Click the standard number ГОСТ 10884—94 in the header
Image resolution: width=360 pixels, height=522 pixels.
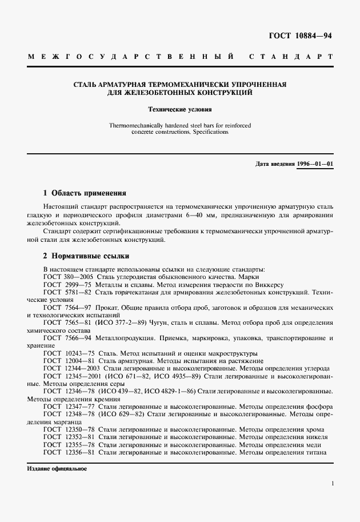300,36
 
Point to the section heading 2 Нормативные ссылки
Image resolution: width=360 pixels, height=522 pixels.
86,256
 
